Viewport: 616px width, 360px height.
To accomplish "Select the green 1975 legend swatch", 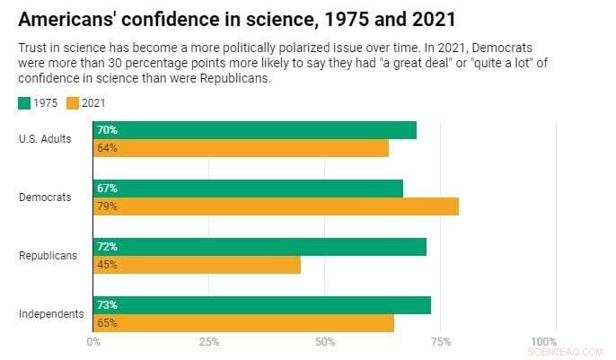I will point(24,103).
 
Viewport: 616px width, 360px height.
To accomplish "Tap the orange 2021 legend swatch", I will point(73,103).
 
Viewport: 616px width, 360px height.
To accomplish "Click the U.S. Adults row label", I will point(45,138).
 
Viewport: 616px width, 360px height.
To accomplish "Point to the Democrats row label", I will point(45,197).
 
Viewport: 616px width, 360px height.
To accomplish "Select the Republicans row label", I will point(48,256).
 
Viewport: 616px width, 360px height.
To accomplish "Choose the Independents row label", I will point(51,314).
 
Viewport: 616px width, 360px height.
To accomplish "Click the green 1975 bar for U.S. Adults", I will point(254,130).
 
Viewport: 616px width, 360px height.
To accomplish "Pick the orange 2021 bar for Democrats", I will point(276,206).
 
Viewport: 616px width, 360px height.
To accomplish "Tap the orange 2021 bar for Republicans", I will point(197,265).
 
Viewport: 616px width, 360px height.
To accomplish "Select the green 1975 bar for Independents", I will point(261,305).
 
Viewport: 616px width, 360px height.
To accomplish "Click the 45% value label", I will point(107,265).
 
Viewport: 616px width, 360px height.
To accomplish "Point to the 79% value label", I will point(107,206).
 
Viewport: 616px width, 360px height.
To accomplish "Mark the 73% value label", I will point(107,305).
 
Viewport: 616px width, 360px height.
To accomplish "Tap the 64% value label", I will point(107,148).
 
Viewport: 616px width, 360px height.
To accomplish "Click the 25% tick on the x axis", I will point(208,342).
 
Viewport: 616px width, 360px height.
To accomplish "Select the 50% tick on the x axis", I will point(325,342).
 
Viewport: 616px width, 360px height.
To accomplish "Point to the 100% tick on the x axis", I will point(544,342).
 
